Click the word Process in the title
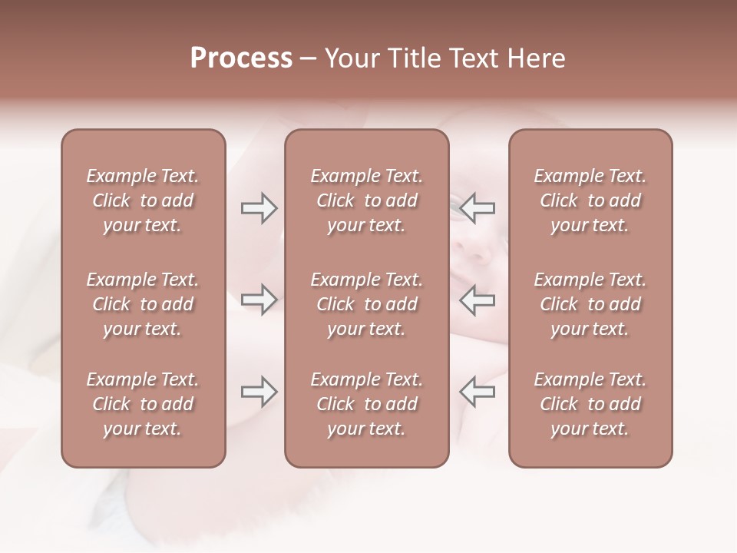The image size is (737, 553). click(241, 58)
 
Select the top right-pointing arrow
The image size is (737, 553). click(259, 208)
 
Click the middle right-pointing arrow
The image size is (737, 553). click(259, 299)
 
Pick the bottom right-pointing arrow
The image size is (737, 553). click(259, 392)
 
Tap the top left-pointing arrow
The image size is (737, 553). click(478, 208)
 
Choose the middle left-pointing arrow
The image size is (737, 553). click(478, 299)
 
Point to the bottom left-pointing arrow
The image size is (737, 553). click(478, 392)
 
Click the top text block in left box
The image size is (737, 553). click(143, 200)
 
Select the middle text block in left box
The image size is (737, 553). click(143, 304)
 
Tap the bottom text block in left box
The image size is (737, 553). click(143, 404)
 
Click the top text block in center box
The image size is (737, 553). click(366, 200)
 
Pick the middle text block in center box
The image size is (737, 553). click(366, 304)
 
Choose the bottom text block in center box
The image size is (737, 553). click(366, 404)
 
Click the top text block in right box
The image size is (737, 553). click(590, 200)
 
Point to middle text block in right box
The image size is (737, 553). click(590, 304)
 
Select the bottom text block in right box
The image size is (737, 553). click(590, 404)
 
